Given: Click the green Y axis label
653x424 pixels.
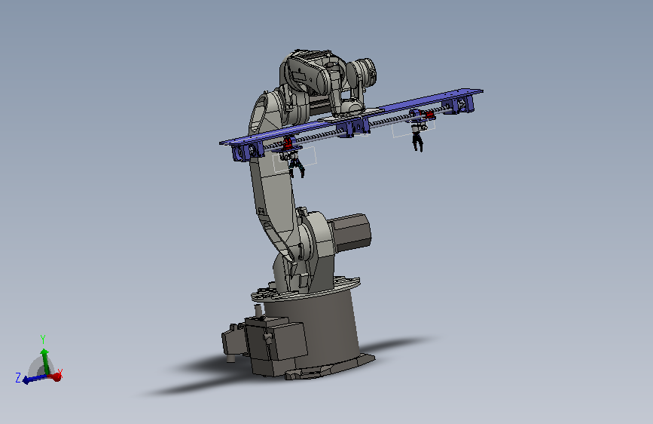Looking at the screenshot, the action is pyautogui.click(x=42, y=339).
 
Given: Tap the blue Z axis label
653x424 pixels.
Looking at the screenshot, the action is pyautogui.click(x=18, y=378).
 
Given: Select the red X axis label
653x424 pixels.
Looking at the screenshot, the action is pyautogui.click(x=60, y=372).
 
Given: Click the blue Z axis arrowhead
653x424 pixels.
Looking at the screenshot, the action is pyautogui.click(x=26, y=380).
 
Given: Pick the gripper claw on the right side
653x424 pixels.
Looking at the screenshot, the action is pyautogui.click(x=417, y=140).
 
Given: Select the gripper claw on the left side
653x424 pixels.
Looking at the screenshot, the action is pyautogui.click(x=296, y=166).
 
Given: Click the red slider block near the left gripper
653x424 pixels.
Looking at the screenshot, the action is pyautogui.click(x=288, y=144).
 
